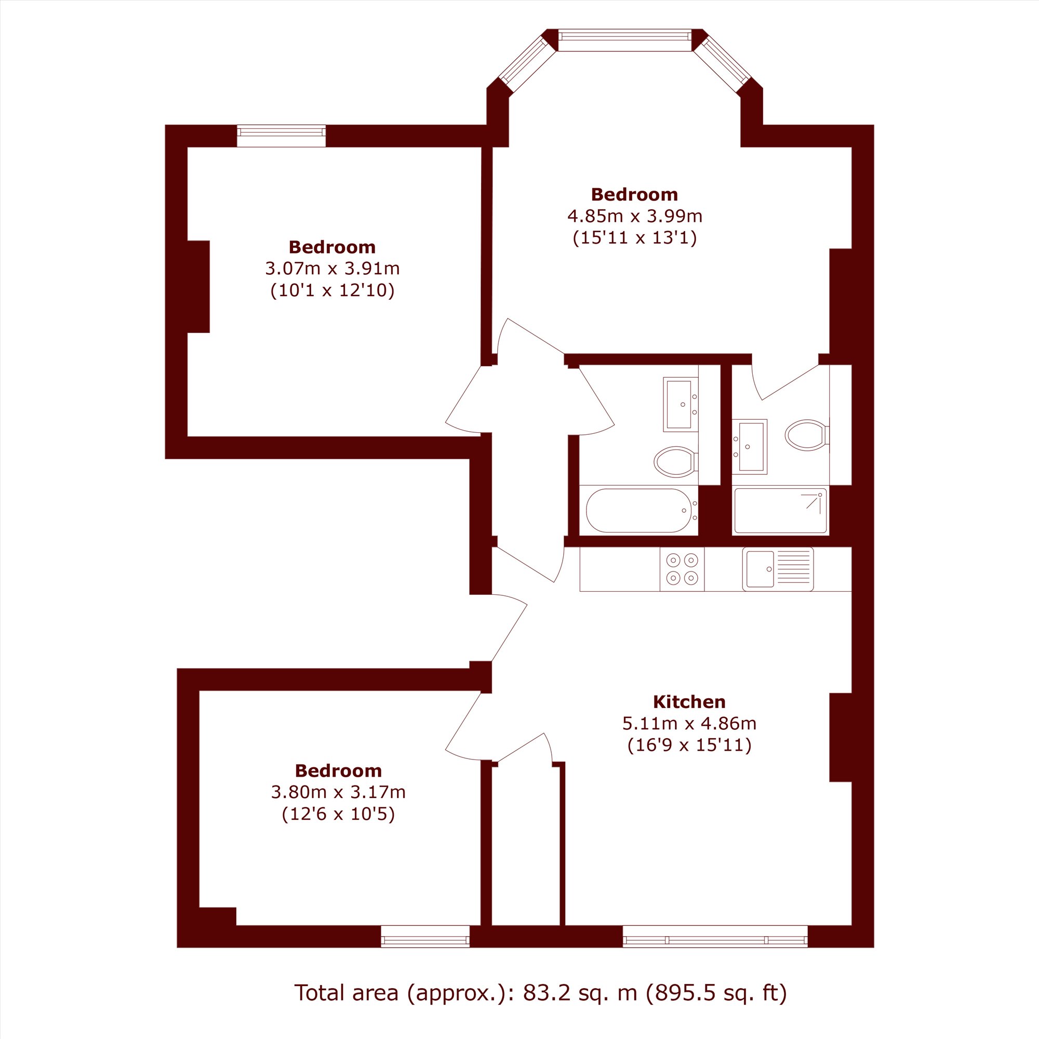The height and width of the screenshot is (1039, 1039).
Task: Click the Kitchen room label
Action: click(689, 702)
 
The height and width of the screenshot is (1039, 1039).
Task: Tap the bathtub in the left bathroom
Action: click(638, 510)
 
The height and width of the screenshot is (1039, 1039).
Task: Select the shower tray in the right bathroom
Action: click(780, 510)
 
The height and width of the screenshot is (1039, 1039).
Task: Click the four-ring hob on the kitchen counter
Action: click(682, 569)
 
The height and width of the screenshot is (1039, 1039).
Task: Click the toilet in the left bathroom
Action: click(676, 461)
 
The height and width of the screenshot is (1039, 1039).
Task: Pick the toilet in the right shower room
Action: click(807, 434)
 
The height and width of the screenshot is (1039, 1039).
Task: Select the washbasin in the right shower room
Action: click(749, 446)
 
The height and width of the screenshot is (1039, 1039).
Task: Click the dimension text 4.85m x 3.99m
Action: click(635, 216)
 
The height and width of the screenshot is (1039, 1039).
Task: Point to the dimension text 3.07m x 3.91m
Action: click(332, 268)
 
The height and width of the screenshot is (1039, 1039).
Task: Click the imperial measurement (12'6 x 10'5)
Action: click(338, 814)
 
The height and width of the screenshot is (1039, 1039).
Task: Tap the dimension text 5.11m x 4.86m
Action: click(689, 723)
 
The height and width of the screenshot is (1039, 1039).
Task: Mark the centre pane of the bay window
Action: click(624, 41)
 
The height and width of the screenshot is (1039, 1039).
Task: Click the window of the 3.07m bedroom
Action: click(281, 136)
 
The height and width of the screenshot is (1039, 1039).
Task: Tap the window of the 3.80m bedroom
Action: click(425, 936)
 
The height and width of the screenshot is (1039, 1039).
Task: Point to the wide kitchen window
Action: click(715, 936)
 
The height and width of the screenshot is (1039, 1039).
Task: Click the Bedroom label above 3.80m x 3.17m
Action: click(338, 770)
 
